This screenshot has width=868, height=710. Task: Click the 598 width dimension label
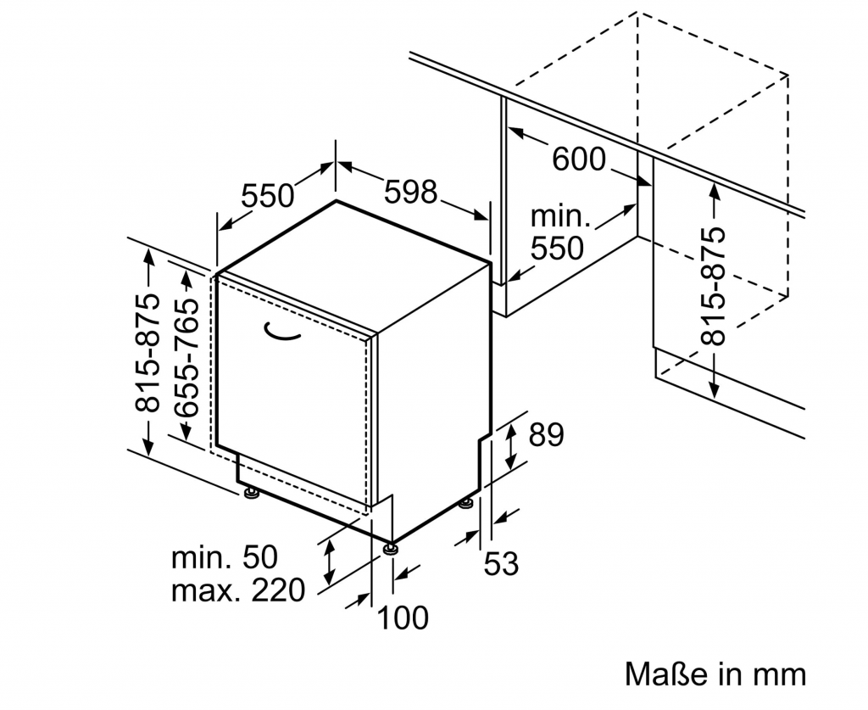pyautogui.click(x=411, y=192)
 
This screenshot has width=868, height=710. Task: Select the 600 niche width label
pyautogui.click(x=579, y=158)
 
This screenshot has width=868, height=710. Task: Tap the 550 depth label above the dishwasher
pyautogui.click(x=268, y=196)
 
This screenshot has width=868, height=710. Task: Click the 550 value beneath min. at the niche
pyautogui.click(x=557, y=248)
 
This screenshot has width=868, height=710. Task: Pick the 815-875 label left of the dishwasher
pyautogui.click(x=147, y=352)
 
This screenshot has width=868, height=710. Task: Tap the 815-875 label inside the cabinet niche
pyautogui.click(x=714, y=285)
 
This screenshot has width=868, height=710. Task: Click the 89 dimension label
pyautogui.click(x=546, y=434)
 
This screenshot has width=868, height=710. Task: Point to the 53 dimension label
pyautogui.click(x=501, y=563)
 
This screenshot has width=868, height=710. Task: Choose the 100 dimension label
pyautogui.click(x=403, y=618)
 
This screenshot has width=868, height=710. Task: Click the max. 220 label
pyautogui.click(x=237, y=590)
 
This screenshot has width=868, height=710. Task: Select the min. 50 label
pyautogui.click(x=225, y=557)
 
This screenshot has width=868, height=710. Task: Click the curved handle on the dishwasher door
pyautogui.click(x=281, y=334)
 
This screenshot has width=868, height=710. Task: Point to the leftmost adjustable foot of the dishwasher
pyautogui.click(x=250, y=492)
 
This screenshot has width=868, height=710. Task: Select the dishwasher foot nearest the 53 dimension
pyautogui.click(x=465, y=506)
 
